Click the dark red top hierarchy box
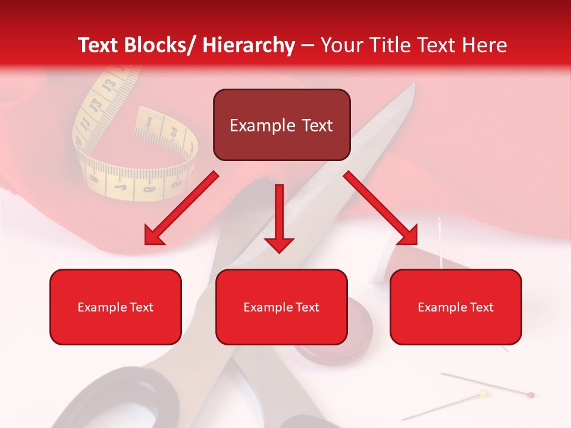tap(281, 125)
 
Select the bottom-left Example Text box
tap(115, 307)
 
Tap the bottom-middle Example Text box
tap(281, 307)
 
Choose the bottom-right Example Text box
tap(456, 307)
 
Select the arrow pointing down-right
tap(381, 209)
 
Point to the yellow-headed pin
tap(483, 393)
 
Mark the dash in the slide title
tap(308, 46)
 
